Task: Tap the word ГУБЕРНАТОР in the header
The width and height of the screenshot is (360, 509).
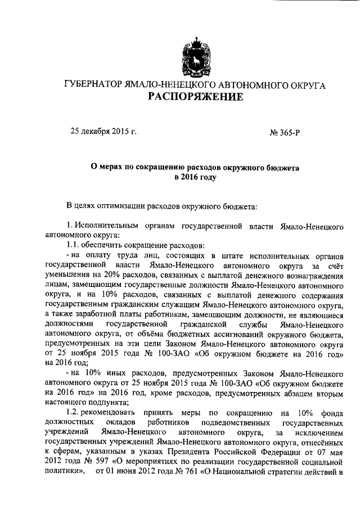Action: [92, 84]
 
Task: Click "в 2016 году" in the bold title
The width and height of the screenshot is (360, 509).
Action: [195, 177]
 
